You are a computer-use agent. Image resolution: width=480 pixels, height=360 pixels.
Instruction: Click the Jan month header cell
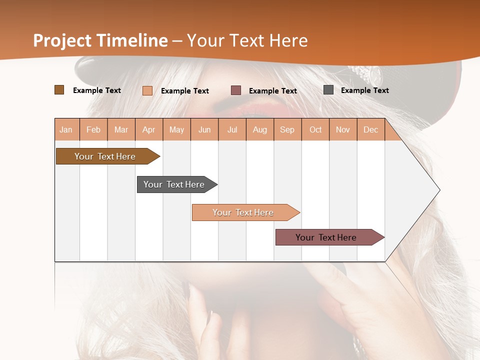[x=66, y=129]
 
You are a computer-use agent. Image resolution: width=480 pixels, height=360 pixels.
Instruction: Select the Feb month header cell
[x=93, y=129]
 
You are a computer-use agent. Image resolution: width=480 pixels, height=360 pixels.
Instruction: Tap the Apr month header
[x=149, y=129]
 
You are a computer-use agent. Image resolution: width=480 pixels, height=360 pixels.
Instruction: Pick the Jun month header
[x=204, y=129]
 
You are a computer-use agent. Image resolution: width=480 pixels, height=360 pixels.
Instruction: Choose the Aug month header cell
[x=260, y=129]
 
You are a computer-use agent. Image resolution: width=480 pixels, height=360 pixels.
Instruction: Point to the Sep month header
[x=287, y=129]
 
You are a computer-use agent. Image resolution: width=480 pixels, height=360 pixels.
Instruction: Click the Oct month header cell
[x=315, y=129]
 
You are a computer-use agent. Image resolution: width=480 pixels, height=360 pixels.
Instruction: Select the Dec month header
[x=371, y=129]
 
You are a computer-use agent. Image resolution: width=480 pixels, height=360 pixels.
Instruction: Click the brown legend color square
[x=59, y=90]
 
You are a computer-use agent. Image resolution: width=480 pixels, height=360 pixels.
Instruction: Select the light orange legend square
[x=147, y=90]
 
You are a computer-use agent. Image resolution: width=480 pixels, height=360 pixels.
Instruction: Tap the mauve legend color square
[x=236, y=90]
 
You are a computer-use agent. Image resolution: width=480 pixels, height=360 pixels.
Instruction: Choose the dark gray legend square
[x=328, y=90]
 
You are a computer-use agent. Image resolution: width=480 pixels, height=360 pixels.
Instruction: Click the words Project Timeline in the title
[x=100, y=40]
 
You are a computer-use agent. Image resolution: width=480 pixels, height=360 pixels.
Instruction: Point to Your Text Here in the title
[x=247, y=40]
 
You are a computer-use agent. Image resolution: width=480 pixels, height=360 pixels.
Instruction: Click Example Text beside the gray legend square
[x=364, y=90]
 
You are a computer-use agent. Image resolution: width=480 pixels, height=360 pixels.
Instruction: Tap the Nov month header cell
[x=343, y=129]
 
